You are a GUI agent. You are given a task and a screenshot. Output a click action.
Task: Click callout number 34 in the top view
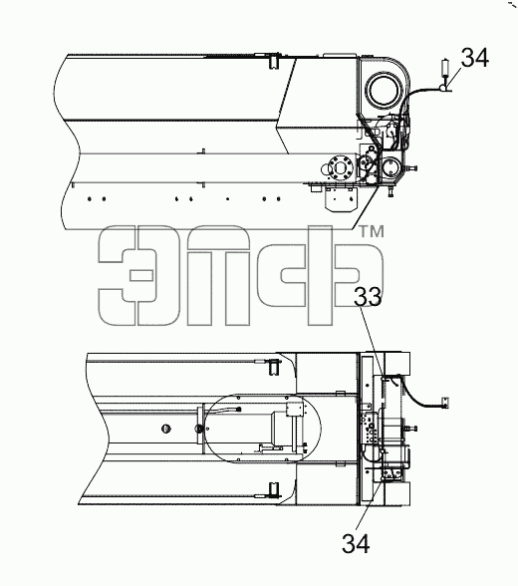coord(474,58)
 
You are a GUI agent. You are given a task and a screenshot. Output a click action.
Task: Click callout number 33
coord(368,297)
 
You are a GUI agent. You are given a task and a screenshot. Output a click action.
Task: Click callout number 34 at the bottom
coord(356,543)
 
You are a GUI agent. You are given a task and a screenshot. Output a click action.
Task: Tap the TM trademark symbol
coord(372,231)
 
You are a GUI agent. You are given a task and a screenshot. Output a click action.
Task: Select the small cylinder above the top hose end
coord(445,68)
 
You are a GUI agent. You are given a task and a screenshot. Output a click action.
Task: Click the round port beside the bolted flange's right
coord(391,167)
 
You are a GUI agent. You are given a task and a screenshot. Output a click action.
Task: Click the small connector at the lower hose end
coord(445,403)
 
